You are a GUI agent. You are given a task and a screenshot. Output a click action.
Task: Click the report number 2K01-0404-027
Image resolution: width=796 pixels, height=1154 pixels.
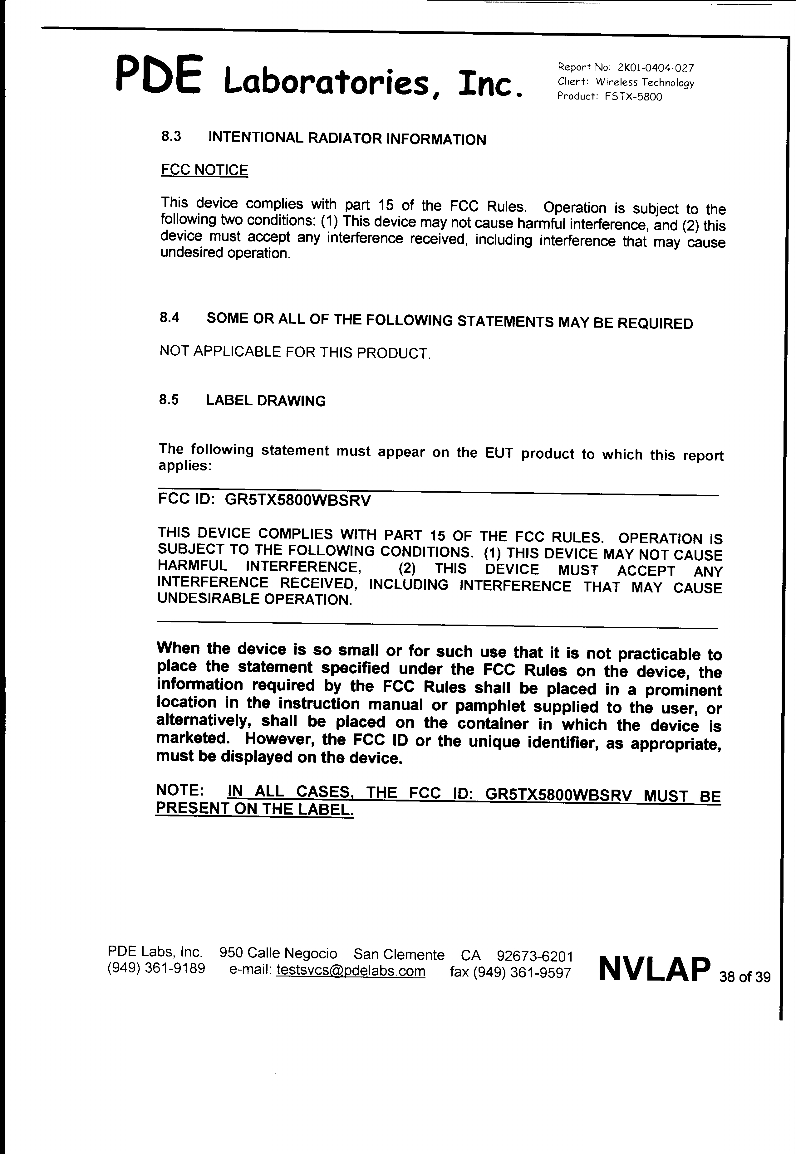(655, 68)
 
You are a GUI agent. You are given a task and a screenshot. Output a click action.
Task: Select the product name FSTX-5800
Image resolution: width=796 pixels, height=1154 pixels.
(633, 97)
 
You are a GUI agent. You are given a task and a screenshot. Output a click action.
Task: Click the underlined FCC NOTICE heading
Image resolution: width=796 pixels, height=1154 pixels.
(204, 170)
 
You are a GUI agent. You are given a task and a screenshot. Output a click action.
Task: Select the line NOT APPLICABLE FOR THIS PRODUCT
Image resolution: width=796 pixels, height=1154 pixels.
(294, 352)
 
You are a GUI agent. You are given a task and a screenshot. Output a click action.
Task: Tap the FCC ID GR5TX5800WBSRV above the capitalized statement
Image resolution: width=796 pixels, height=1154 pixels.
(298, 500)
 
